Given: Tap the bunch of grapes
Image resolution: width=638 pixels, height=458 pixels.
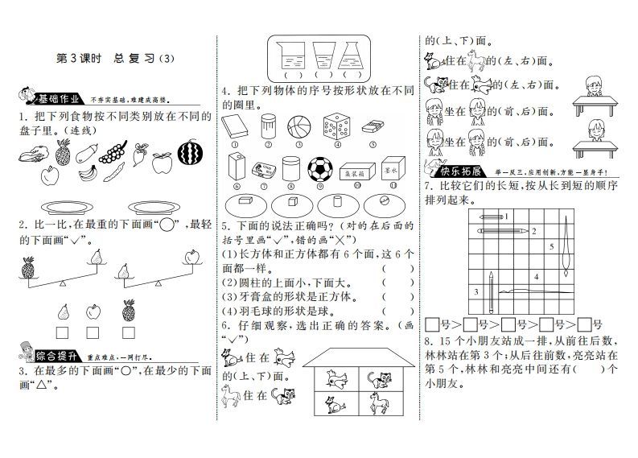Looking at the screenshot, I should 117,152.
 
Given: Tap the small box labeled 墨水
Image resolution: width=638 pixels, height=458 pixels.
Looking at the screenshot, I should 395,172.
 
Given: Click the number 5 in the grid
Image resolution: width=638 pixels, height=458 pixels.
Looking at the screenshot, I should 551,246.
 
